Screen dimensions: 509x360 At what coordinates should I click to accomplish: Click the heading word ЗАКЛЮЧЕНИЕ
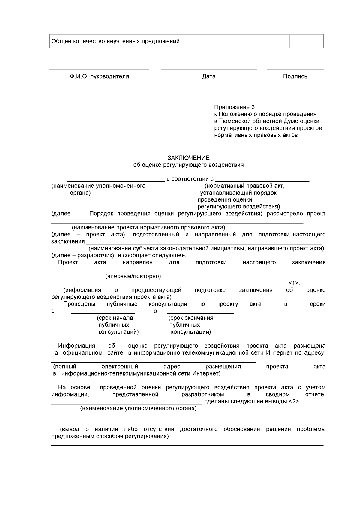(x=188, y=158)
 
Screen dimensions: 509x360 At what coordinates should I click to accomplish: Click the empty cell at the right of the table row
(x=306, y=41)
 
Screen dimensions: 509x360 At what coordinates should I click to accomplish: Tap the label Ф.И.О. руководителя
(x=99, y=76)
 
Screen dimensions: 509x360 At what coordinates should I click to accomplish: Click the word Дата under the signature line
(x=208, y=76)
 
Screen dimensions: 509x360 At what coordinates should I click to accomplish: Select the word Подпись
(x=295, y=76)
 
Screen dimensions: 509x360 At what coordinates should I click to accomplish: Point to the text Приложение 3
(x=234, y=107)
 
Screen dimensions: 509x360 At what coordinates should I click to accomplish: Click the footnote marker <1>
(x=293, y=283)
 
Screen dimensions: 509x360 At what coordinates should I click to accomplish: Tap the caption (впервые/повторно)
(x=133, y=276)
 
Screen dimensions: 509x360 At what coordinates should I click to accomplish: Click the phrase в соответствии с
(x=190, y=179)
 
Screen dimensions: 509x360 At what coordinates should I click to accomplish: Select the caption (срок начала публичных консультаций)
(x=117, y=325)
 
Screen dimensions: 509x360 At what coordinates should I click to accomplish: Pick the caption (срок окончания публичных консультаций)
(x=190, y=325)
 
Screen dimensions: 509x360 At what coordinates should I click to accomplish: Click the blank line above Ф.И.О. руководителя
(x=99, y=69)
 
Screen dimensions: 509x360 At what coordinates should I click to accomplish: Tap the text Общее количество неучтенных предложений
(x=115, y=41)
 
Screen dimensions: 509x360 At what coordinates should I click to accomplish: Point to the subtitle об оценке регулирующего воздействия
(x=188, y=165)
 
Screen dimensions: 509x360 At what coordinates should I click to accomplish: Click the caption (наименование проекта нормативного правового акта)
(x=148, y=227)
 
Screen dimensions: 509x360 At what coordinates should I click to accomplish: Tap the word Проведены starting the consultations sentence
(x=79, y=304)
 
